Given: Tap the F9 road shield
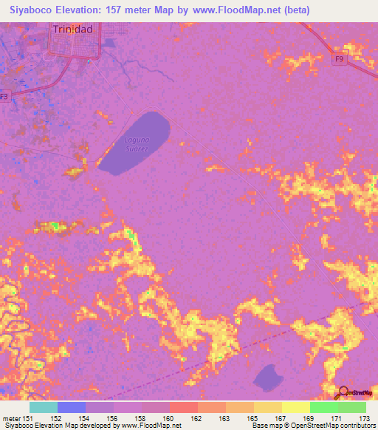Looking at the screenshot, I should tap(339, 59).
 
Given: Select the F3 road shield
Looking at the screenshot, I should tap(5, 96).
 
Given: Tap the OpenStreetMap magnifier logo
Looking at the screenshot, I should tap(343, 392).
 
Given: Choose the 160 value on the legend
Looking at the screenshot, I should tap(168, 418).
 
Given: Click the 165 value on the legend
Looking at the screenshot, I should tap(252, 418).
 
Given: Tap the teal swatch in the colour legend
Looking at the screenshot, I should tap(44, 407).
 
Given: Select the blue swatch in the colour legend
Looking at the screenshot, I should tap(72, 407).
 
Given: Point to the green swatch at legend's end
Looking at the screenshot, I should tap(351, 407).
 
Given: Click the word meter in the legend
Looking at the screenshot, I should tap(11, 418).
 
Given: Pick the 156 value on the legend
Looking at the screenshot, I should tap(113, 418).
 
